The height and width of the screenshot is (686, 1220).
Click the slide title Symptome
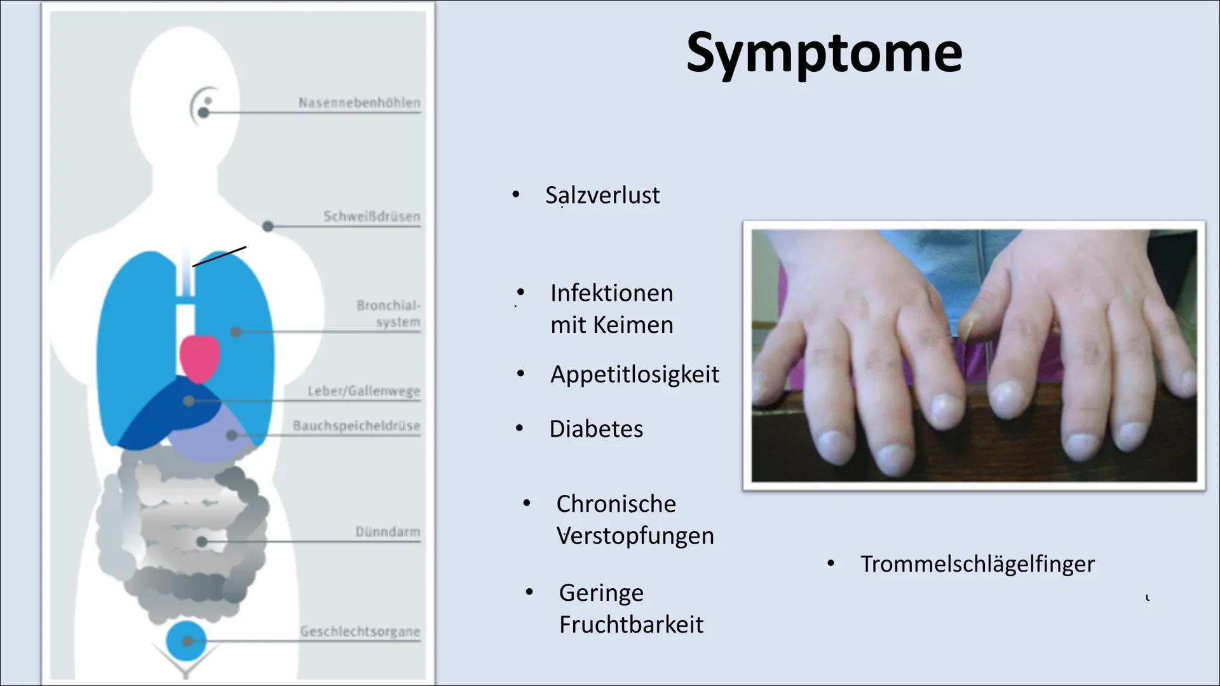824,53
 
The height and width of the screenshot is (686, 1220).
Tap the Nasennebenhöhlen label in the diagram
359,102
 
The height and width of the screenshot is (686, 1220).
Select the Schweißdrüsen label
372,217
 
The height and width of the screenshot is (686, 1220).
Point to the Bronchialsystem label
388,314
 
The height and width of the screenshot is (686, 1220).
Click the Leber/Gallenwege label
364,391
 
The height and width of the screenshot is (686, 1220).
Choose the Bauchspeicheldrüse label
356,426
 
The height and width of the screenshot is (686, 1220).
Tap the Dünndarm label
388,532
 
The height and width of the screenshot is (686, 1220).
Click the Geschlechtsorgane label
360,631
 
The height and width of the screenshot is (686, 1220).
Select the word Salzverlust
602,195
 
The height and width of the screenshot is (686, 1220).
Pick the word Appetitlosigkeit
635,374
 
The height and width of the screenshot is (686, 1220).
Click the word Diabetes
596,429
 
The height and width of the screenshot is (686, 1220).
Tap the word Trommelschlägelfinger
977,564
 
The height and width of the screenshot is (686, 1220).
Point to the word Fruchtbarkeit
631,624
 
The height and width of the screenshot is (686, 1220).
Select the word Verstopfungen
635,535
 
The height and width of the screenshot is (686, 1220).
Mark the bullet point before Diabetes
519,429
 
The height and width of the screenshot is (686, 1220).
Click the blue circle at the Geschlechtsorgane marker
186,641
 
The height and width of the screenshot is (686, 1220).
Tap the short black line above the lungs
219,257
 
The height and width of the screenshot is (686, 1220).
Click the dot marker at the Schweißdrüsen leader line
268,226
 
